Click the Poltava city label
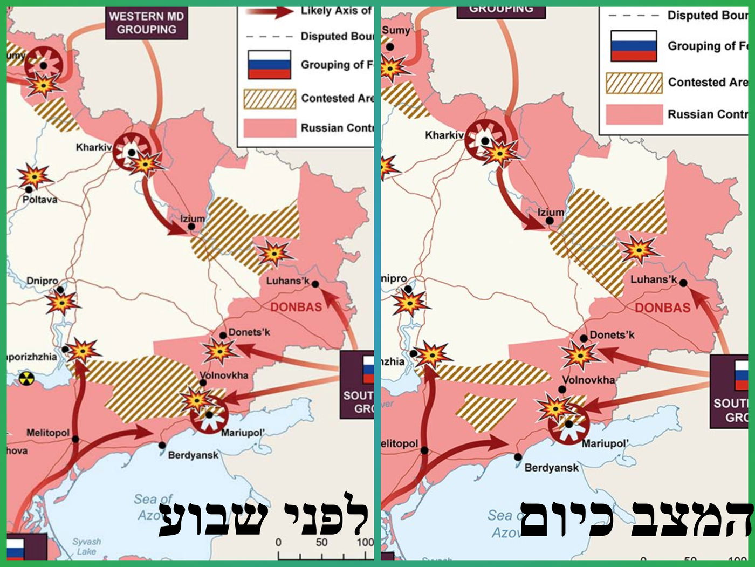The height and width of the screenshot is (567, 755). coord(39,200)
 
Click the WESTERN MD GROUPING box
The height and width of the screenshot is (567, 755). coord(146,23)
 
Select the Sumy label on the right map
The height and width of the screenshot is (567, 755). coord(396,31)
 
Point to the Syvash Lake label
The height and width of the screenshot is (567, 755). coord(87,546)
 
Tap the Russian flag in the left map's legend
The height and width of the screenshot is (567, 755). coord(269,65)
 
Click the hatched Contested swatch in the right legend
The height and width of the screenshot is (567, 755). coord(634,83)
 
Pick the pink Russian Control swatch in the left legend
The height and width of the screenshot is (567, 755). coord(269,128)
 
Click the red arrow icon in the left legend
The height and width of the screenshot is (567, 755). coord(269,12)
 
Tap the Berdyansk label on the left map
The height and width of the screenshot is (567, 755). coord(193,455)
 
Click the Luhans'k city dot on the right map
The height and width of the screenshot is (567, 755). coord(683,283)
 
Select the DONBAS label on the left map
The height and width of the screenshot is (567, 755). coord(296,307)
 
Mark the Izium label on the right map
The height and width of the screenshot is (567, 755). coord(551,212)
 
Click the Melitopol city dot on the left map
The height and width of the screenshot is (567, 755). coord(75,439)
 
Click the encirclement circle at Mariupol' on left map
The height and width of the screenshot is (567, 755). coord(209,415)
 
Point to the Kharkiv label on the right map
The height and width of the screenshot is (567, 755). coord(444,135)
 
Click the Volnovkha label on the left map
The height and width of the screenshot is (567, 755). coord(224,375)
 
